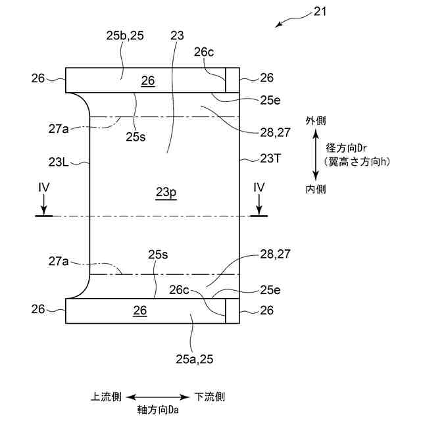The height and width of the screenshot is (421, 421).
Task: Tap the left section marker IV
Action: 44,188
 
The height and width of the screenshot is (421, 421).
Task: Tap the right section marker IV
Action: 259,188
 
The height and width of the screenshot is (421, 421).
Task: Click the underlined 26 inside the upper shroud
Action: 148,80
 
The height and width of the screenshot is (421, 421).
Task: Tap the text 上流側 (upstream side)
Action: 106,397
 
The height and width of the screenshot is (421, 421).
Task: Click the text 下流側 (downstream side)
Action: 210,397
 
